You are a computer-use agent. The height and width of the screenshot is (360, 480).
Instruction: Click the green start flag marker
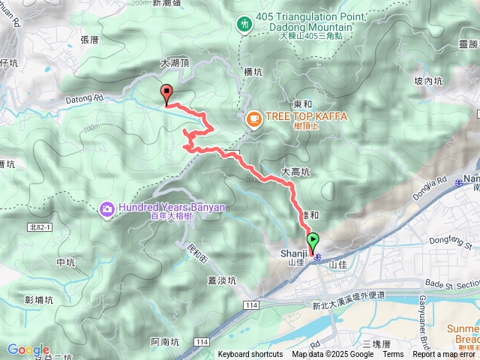coord(313,242)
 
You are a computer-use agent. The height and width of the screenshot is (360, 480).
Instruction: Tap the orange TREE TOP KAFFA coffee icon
coord(253,118)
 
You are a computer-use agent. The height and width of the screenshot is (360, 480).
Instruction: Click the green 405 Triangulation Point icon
coord(244,25)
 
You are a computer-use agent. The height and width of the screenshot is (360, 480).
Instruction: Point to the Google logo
coord(28,349)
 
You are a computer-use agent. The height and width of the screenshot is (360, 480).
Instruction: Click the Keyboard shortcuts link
coord(250,355)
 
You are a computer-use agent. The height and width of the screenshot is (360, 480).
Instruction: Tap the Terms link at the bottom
coord(393,355)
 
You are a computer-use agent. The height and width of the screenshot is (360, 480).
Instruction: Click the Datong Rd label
coord(82,98)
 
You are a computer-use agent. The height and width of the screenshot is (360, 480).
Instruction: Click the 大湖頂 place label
coord(174,64)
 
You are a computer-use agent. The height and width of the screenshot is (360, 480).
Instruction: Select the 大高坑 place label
coord(295,172)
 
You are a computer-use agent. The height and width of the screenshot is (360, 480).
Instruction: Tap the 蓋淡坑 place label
coord(221,280)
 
